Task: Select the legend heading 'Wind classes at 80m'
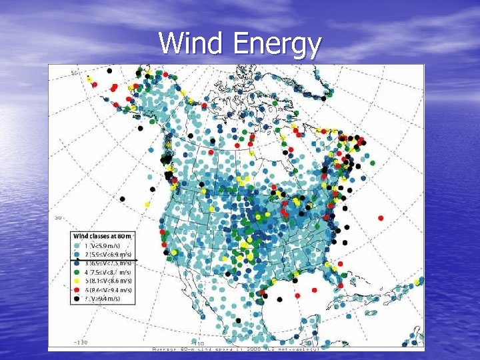click(x=102, y=236)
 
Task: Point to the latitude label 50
click(x=75, y=72)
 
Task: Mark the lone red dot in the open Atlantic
click(x=381, y=217)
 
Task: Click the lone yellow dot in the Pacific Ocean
click(x=147, y=204)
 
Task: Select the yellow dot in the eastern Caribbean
click(x=417, y=283)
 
